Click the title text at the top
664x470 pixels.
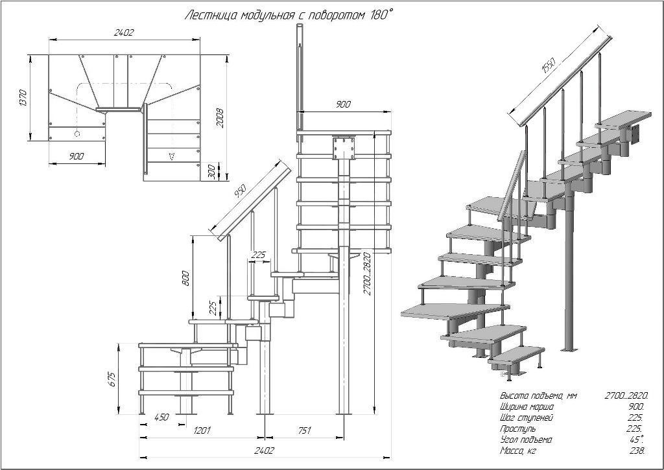pos(289,14)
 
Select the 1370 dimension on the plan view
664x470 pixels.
pos(23,97)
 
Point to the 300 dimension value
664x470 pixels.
pos(211,171)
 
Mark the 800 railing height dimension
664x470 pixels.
pos(185,278)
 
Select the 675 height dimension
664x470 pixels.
pos(112,379)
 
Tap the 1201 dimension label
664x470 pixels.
pos(202,430)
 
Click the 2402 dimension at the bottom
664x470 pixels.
pos(264,451)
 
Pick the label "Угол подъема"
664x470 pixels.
pos(526,440)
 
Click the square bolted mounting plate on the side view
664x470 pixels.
pos(344,148)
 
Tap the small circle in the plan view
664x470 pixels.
pos(77,134)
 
